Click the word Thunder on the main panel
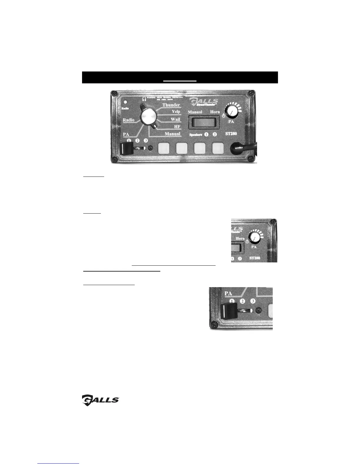[x=171, y=105]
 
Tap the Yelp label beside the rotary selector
[x=176, y=112]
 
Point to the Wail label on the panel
[x=175, y=119]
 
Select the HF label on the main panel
[x=177, y=127]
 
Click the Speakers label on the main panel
[x=196, y=134]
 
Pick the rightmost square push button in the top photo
[x=218, y=149]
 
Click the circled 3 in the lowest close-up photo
[x=253, y=301]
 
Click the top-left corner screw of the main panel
[x=114, y=94]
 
